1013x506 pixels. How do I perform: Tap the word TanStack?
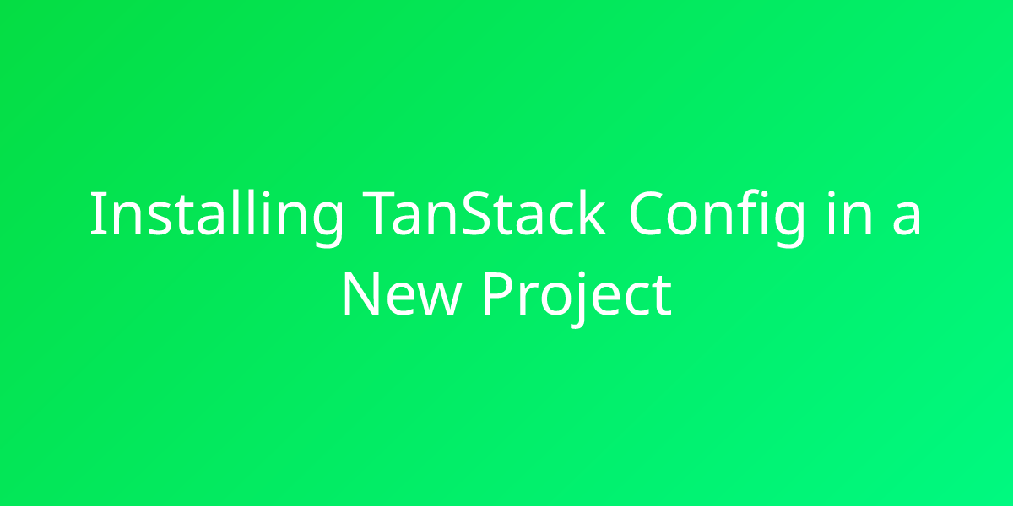(484, 213)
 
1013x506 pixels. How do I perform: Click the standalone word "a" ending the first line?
(906, 218)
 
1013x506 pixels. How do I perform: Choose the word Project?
(577, 299)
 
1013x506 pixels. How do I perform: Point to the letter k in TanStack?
(590, 213)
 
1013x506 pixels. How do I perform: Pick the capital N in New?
(361, 293)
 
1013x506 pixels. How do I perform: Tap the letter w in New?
(441, 299)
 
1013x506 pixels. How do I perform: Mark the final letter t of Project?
(661, 297)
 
